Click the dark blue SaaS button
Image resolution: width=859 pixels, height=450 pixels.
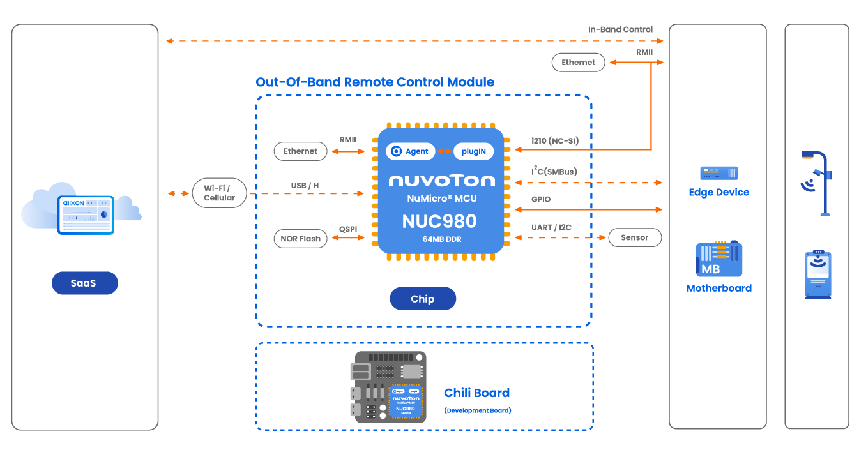(x=84, y=283)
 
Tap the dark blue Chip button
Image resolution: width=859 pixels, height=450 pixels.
(x=423, y=299)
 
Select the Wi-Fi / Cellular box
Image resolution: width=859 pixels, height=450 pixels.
(x=219, y=193)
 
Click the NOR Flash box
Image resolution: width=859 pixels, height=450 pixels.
(x=300, y=239)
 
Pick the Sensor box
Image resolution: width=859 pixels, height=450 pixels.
(x=634, y=237)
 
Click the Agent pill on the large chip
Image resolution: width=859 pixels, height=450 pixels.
(x=410, y=151)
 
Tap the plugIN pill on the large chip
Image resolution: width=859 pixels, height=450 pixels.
(x=473, y=151)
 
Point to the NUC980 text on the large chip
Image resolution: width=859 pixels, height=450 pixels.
(x=439, y=221)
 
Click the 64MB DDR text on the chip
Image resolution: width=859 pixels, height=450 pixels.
(x=439, y=239)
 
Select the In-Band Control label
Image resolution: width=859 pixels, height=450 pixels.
(x=620, y=29)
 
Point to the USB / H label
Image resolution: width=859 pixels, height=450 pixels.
(x=305, y=186)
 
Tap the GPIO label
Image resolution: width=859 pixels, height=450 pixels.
(x=540, y=199)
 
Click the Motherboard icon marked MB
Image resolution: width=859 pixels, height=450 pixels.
(x=718, y=259)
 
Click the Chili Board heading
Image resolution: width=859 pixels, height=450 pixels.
(x=476, y=393)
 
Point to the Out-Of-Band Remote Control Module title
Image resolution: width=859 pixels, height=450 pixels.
(x=375, y=82)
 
